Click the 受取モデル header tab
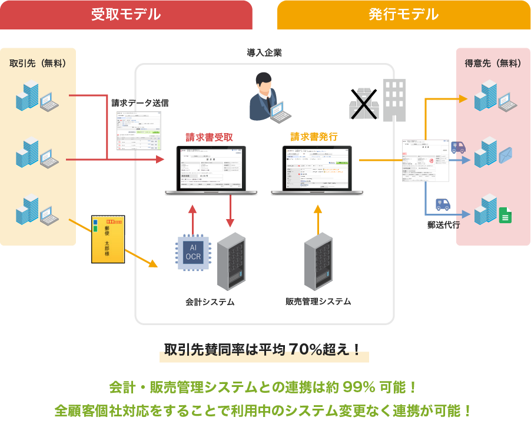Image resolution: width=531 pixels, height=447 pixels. [126, 15]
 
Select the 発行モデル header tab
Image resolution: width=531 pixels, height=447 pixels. [403, 15]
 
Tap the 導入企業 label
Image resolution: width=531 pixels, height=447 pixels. [264, 53]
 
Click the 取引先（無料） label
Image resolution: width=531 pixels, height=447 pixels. [38, 63]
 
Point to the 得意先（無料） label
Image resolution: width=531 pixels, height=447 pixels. [493, 64]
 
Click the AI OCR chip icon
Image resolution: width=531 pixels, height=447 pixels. [194, 252]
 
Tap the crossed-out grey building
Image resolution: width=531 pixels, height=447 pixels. [363, 104]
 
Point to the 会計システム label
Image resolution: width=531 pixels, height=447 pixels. [210, 302]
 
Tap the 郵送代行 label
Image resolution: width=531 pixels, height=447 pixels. [443, 224]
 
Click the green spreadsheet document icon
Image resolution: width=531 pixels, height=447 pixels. [504, 215]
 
